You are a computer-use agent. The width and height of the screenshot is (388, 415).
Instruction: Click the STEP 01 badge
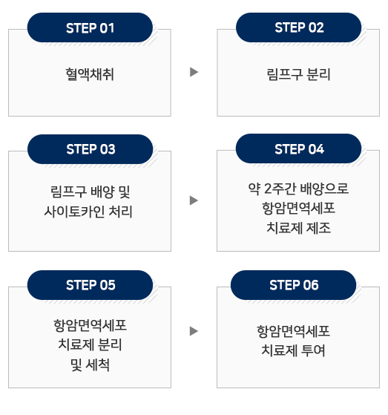click(x=90, y=27)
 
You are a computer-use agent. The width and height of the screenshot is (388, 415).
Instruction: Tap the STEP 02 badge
click(x=298, y=27)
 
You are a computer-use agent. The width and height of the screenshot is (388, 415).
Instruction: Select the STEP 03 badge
click(x=91, y=149)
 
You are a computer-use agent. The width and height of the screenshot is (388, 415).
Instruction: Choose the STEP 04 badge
click(x=298, y=148)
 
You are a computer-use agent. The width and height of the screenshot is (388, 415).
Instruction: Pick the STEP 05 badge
click(x=90, y=285)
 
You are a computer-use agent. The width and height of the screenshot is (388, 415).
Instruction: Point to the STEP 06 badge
click(x=293, y=285)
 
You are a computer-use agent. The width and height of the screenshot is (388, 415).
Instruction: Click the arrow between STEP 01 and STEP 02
click(x=194, y=72)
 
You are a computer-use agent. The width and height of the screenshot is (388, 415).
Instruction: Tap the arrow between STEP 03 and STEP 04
click(x=194, y=200)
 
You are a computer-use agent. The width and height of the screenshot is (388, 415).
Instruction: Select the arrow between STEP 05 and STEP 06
click(x=194, y=331)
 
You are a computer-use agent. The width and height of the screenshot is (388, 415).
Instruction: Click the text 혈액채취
click(x=90, y=74)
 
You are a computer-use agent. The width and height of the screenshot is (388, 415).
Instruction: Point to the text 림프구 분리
click(x=298, y=74)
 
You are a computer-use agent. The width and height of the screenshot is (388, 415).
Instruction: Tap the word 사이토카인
click(x=74, y=212)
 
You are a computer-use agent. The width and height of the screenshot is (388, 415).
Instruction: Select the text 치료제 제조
click(x=298, y=228)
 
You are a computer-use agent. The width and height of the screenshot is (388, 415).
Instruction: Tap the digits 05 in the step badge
click(x=108, y=285)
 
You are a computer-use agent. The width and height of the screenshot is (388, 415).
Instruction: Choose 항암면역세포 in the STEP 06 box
click(x=293, y=331)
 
